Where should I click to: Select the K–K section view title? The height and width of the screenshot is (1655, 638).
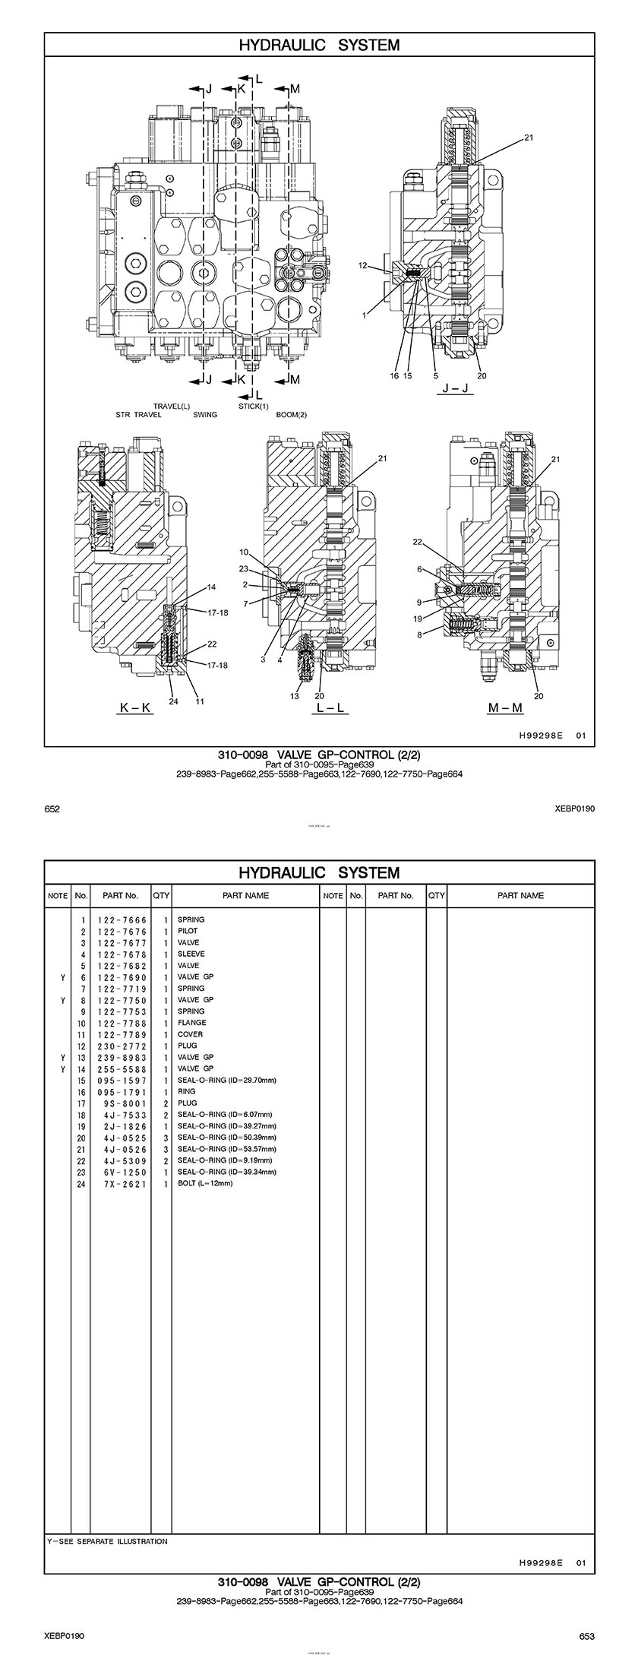point(135,707)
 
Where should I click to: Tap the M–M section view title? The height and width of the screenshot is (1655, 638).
point(505,707)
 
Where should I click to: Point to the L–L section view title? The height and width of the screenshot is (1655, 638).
point(330,707)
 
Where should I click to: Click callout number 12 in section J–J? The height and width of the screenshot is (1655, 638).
point(363,265)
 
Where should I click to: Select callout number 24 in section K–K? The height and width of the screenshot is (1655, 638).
point(173,701)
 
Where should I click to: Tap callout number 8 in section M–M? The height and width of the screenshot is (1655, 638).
point(419,635)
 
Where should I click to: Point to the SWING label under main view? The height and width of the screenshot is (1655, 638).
point(205,415)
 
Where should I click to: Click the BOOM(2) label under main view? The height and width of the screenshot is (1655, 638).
point(291,415)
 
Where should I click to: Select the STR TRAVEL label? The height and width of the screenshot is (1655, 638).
point(134,415)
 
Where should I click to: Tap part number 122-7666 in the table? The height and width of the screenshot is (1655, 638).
point(122,919)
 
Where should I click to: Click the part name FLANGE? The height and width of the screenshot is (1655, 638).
point(191,1023)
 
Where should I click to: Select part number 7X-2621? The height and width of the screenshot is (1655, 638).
point(122,1183)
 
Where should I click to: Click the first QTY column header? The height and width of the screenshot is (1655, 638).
point(161,895)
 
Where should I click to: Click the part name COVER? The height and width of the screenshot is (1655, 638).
point(190,1034)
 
